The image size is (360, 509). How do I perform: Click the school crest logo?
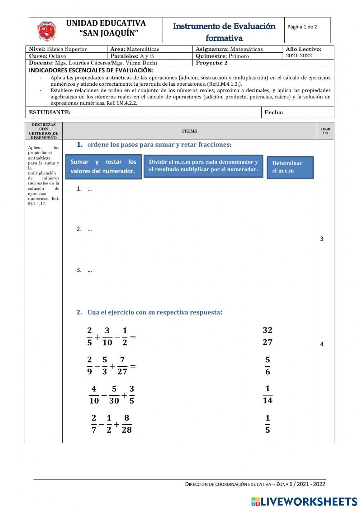point(47,31)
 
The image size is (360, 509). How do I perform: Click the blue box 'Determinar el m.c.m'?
point(290,167)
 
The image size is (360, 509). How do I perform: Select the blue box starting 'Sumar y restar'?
point(103,166)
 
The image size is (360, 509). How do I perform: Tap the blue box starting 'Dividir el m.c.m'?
point(203,166)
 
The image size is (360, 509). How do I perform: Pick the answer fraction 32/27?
point(267,336)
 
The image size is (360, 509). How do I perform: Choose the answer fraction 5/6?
point(267,366)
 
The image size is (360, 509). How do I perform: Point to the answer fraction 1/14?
point(267,395)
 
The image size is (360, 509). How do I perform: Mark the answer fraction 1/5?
point(267,424)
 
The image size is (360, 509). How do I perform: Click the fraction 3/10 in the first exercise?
point(107,336)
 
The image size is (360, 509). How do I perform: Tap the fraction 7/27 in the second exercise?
point(122,366)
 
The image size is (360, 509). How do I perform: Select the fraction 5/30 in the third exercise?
point(114,395)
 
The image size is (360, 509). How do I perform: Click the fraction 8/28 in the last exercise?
point(127,424)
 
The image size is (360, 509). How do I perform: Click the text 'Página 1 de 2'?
point(302,27)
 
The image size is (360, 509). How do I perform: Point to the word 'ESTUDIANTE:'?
point(49,112)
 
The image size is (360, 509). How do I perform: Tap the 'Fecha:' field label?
point(274,112)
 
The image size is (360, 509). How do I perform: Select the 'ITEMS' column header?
point(189,131)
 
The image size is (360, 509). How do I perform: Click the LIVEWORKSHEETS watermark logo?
point(304,501)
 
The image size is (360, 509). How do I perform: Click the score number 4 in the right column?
point(321,344)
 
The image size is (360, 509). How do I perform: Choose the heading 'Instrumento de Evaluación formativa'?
point(224,32)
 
